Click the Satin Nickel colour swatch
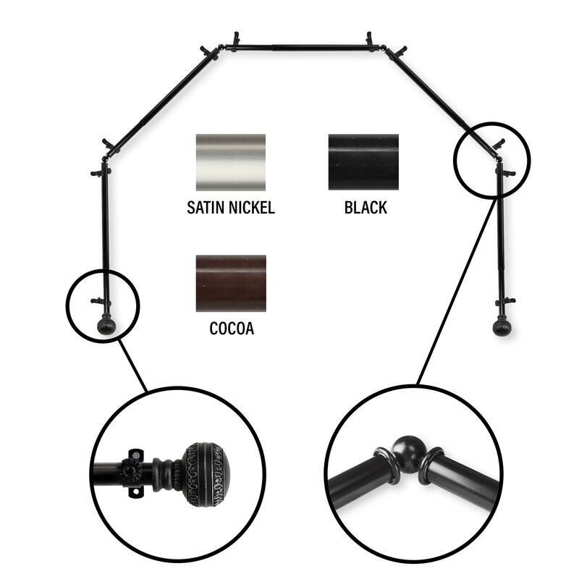click(x=230, y=162)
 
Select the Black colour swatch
click(x=363, y=162)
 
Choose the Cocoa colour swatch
click(x=231, y=283)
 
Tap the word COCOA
click(x=231, y=329)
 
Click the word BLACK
click(x=365, y=208)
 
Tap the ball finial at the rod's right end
click(x=500, y=328)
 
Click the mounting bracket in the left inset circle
click(x=132, y=470)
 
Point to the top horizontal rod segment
click(x=300, y=48)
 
